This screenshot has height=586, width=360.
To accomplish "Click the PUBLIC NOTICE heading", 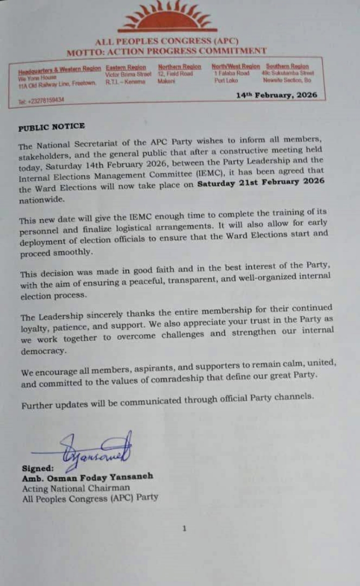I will tap(51, 127).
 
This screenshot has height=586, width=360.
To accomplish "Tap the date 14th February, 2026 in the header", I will tap(276, 95).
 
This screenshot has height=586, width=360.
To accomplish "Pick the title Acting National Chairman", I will tap(76, 488).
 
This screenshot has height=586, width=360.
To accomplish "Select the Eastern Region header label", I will tap(126, 67).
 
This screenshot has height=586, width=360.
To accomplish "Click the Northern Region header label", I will tap(179, 67).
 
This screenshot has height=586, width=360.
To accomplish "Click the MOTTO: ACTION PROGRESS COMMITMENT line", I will tap(166, 51).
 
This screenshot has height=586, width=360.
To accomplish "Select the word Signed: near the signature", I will tap(38, 469).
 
